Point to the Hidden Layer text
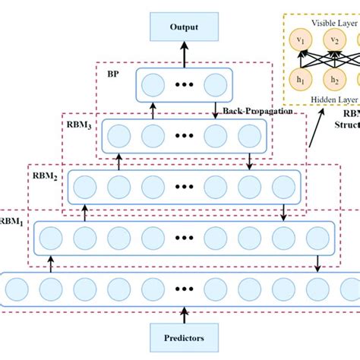click(x=323, y=99)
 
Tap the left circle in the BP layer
click(x=153, y=84)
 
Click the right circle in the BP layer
click(x=215, y=84)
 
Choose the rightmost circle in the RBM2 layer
click(x=282, y=185)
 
